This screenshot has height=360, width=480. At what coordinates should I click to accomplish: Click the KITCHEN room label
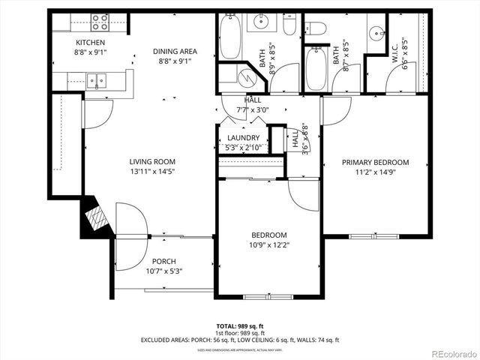pyautogui.click(x=89, y=43)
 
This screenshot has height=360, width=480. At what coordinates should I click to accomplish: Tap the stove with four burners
pyautogui.click(x=100, y=21)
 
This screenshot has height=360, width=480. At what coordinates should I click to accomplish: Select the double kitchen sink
pyautogui.click(x=95, y=79)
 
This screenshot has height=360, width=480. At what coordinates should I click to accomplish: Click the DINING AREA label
pyautogui.click(x=175, y=51)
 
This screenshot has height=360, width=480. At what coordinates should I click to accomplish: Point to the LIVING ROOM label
pyautogui.click(x=152, y=161)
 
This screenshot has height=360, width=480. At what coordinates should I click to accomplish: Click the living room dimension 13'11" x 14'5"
pyautogui.click(x=152, y=171)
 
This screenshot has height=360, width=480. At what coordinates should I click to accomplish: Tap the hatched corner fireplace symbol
pyautogui.click(x=96, y=217)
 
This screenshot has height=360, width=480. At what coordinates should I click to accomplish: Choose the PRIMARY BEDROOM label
pyautogui.click(x=375, y=162)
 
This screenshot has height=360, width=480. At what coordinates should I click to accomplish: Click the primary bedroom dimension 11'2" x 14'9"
pyautogui.click(x=375, y=172)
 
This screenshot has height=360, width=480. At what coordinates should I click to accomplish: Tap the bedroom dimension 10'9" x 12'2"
pyautogui.click(x=268, y=244)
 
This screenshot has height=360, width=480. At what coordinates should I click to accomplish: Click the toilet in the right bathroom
pyautogui.click(x=316, y=29)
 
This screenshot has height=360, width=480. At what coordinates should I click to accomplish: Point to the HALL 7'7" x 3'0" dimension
pyautogui.click(x=252, y=109)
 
